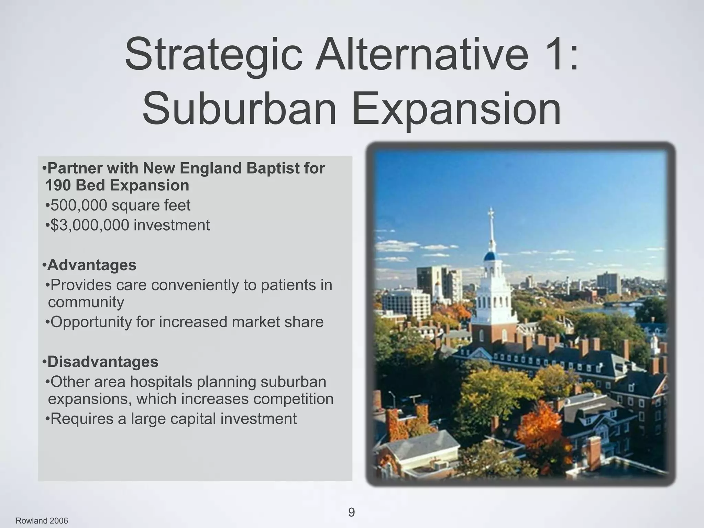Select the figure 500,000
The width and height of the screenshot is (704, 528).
(79, 206)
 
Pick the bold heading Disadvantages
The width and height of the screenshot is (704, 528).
(103, 362)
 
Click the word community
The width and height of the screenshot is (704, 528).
(86, 302)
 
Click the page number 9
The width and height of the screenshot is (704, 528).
(351, 513)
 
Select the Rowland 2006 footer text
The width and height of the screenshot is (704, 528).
(42, 521)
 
